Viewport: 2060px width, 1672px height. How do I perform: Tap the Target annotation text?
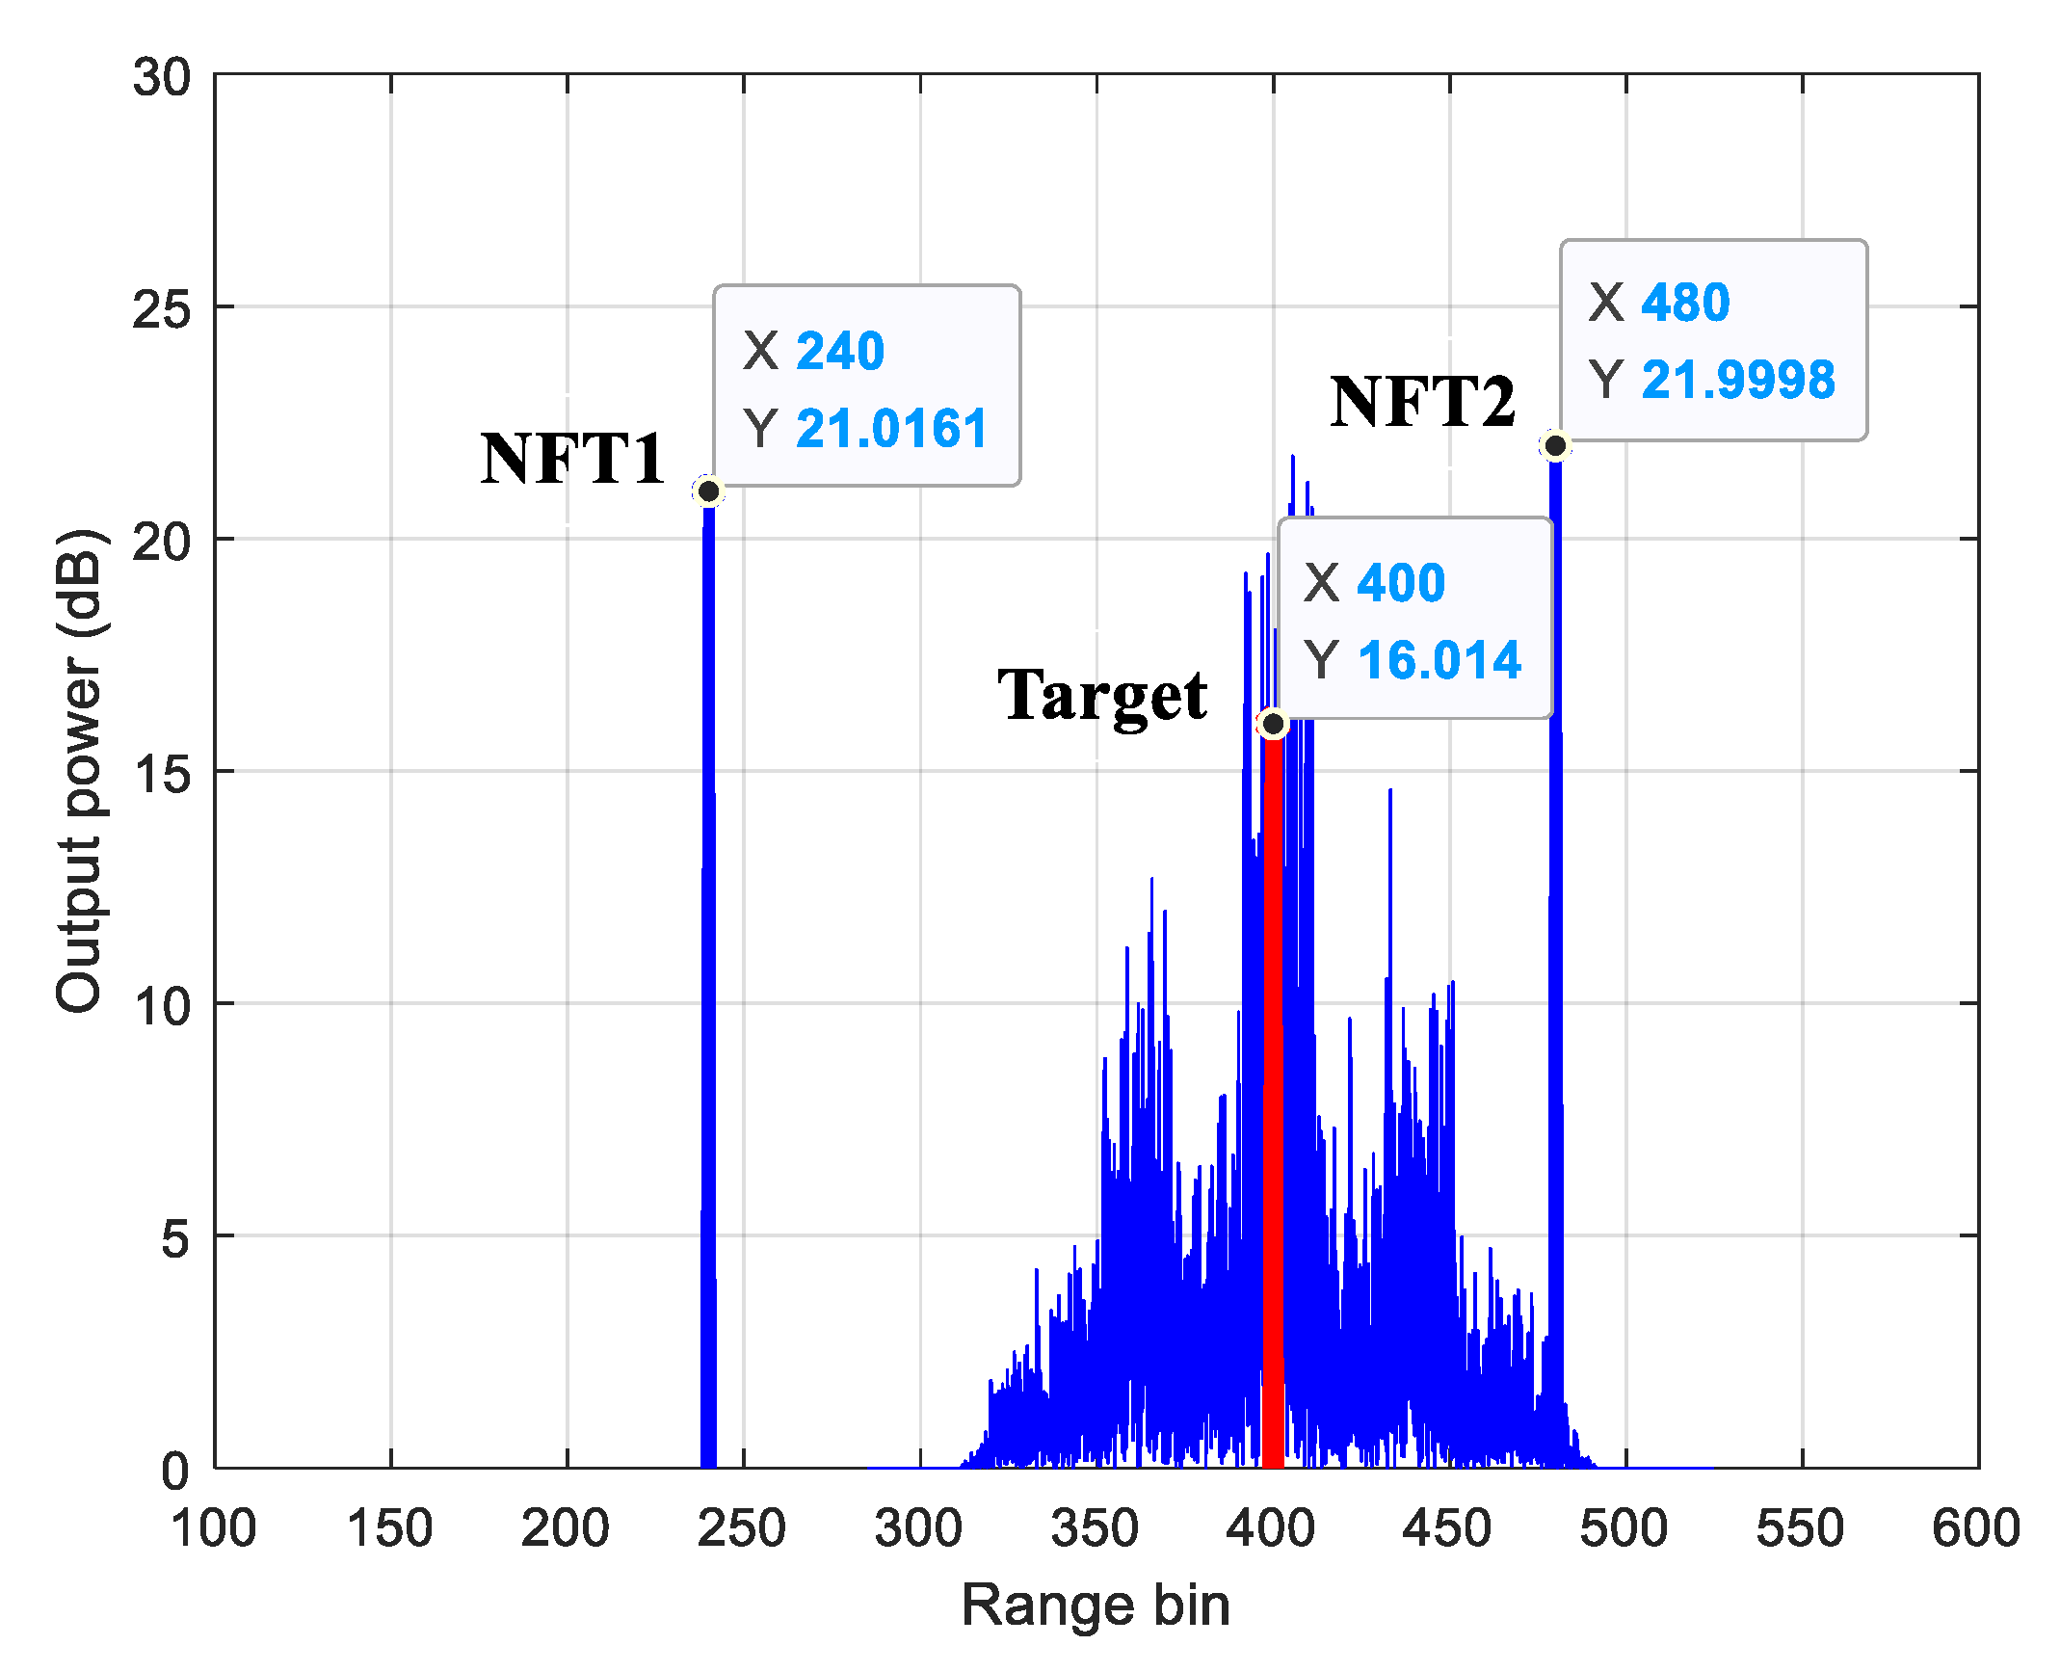pyautogui.click(x=1102, y=695)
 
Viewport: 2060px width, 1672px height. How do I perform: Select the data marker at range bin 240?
pyautogui.click(x=708, y=491)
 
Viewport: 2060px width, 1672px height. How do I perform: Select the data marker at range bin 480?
pyautogui.click(x=1555, y=445)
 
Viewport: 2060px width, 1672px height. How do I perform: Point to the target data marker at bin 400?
pyautogui.click(x=1273, y=724)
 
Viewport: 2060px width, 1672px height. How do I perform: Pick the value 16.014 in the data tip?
pyautogui.click(x=1439, y=660)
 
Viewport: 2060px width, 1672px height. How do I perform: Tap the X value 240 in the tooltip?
pyautogui.click(x=840, y=350)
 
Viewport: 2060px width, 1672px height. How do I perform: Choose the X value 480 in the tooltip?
pyautogui.click(x=1685, y=302)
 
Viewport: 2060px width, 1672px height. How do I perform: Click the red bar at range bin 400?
pyautogui.click(x=1273, y=1108)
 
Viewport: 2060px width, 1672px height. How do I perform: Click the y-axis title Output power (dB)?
pyautogui.click(x=79, y=771)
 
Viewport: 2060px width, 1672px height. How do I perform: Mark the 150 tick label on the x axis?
pyautogui.click(x=389, y=1528)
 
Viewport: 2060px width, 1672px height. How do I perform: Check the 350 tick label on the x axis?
pyautogui.click(x=1095, y=1528)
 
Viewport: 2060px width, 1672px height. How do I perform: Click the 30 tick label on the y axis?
pyautogui.click(x=160, y=77)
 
